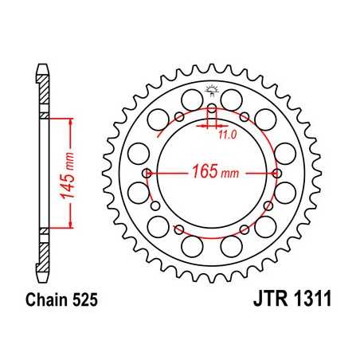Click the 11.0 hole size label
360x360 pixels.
228,135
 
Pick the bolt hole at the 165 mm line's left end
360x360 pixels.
146,174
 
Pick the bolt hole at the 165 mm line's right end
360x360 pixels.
276,174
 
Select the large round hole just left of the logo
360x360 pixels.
191,100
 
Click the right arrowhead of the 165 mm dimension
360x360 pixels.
269,174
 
